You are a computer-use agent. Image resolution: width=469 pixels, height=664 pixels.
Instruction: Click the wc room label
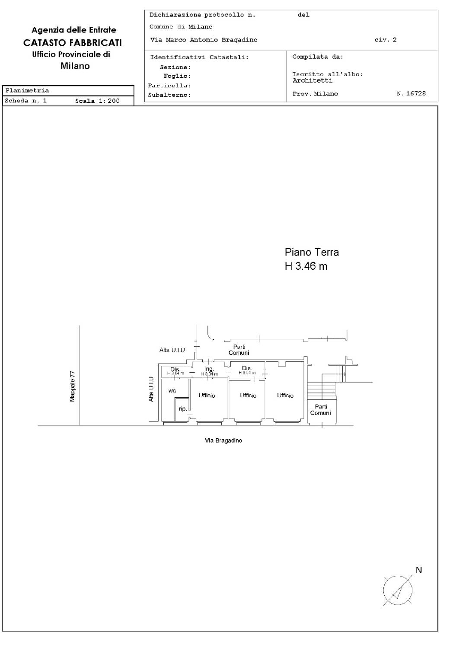(172, 391)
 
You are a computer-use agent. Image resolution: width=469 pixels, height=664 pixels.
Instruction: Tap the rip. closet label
(182, 409)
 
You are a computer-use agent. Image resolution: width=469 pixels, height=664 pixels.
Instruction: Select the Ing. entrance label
(209, 369)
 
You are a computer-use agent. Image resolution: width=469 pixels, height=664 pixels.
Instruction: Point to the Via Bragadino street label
(223, 441)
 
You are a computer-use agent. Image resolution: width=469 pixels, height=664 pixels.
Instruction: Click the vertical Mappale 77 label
(72, 386)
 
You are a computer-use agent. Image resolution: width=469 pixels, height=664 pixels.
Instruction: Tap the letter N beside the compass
(418, 570)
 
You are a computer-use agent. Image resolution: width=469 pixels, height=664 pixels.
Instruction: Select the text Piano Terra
(312, 252)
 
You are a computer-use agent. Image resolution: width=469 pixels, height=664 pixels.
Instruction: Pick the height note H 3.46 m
(306, 266)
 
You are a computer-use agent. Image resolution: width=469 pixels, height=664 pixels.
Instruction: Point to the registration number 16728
(416, 93)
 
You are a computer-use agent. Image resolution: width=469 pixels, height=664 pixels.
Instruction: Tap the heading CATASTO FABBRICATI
(73, 43)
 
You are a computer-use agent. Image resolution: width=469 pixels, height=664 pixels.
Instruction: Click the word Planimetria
(27, 90)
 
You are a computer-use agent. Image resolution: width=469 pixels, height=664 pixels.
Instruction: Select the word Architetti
(313, 80)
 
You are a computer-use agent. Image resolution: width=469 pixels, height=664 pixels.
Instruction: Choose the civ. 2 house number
(386, 40)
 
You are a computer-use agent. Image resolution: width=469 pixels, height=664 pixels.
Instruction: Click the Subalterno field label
(169, 95)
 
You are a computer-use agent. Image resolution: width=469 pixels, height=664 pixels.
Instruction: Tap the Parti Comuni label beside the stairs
(320, 410)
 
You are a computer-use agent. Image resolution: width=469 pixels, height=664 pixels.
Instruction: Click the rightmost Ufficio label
(285, 395)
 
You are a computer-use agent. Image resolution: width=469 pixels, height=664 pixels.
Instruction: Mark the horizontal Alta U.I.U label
(172, 350)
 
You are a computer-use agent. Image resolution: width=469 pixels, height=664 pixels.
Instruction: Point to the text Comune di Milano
(181, 27)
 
